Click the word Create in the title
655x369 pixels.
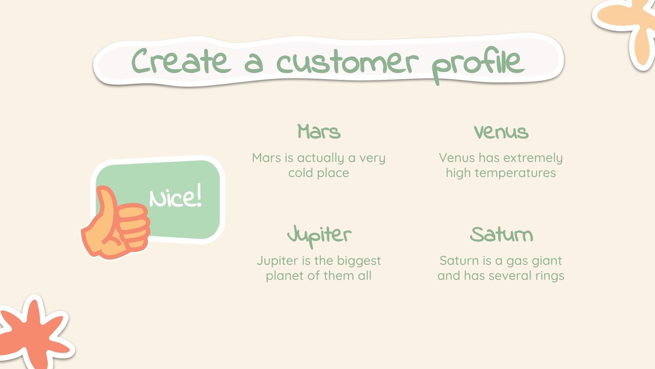pos(179,61)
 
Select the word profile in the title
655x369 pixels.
pos(478,65)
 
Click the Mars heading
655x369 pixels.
pos(319,132)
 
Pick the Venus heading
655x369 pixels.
pos(501,132)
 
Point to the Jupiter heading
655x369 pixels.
pos(319,235)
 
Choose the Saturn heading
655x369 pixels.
pos(501,235)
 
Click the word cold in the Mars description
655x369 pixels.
pos(300,173)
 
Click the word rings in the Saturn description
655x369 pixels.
pos(550,276)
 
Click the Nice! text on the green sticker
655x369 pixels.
pos(176,198)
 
